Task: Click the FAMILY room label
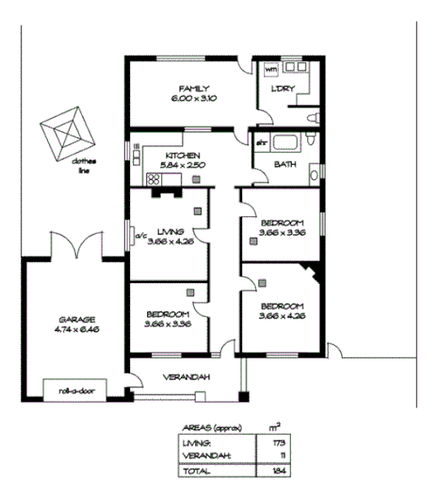click(193, 89)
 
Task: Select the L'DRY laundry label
click(283, 89)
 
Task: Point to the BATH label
click(284, 164)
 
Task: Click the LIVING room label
click(170, 230)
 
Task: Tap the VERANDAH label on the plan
click(187, 378)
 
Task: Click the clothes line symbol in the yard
click(66, 131)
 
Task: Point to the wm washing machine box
click(270, 70)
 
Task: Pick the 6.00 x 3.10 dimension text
click(193, 99)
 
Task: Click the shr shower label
click(261, 142)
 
